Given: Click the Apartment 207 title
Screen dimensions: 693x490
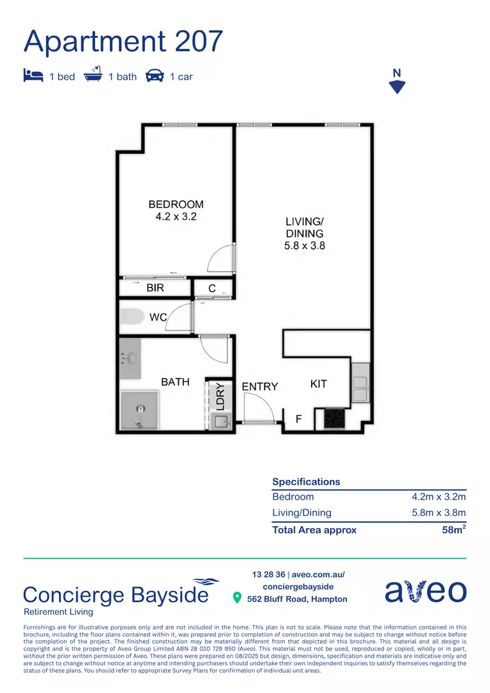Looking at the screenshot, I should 123,41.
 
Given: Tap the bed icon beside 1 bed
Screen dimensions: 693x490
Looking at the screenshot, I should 33,76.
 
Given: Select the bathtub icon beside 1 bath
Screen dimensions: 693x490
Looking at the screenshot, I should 93,75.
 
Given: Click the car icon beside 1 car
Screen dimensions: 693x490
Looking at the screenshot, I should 155,76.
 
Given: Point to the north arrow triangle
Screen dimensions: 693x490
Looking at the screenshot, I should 398,87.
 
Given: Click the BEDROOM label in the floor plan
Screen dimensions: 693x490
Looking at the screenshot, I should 176,205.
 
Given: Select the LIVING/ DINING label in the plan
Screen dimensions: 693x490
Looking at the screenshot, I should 305,234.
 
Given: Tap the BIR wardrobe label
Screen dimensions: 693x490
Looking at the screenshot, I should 155,288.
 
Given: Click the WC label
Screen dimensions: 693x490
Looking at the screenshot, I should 158,317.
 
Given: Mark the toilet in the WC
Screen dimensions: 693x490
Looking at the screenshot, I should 133,316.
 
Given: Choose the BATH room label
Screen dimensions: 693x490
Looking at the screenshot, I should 175,382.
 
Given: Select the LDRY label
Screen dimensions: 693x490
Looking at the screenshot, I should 220,395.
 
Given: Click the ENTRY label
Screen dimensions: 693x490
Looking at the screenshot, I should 260,386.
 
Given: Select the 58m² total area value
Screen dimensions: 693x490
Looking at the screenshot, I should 453,529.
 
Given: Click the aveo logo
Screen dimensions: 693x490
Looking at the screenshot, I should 425,592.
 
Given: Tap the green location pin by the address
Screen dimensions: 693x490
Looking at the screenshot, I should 237,599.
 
